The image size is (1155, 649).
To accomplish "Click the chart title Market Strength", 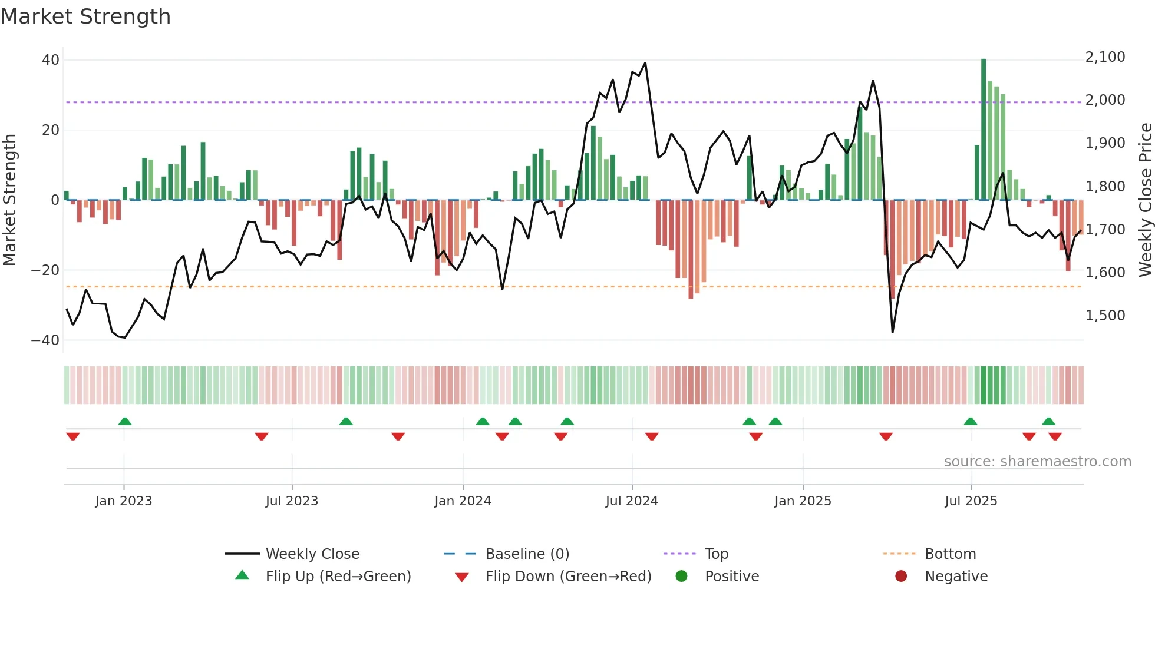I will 85,16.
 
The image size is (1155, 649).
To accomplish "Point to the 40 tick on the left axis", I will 51,60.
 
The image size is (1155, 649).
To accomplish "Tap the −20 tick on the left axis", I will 45,270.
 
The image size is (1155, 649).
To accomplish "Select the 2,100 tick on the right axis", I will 1105,57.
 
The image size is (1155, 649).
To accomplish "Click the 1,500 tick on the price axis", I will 1105,316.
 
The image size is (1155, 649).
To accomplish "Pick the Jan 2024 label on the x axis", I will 463,501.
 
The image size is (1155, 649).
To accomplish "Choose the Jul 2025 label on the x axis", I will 971,501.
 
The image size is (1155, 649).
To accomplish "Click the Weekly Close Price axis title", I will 1145,200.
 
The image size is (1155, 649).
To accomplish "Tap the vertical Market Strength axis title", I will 10,200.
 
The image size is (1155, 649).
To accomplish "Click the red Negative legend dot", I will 901,576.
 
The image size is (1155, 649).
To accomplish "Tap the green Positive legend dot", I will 681,576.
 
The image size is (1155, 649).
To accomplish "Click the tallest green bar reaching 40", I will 984,130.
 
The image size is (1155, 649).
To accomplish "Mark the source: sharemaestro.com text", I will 1037,462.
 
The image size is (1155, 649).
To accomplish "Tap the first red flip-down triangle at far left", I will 73,436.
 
